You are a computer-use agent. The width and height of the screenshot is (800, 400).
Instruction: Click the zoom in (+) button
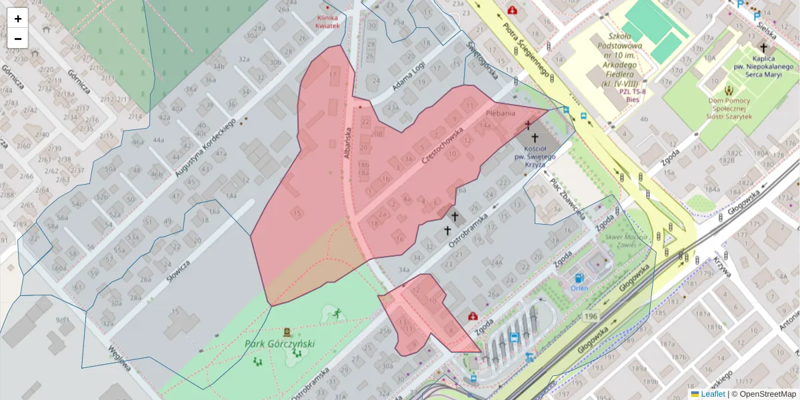pos(18,19)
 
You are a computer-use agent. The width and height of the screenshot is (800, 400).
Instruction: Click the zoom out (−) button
pos(18,39)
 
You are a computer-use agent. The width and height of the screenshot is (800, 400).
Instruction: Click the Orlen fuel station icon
pos(579,277)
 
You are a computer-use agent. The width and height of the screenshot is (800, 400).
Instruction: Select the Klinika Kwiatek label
pos(328,21)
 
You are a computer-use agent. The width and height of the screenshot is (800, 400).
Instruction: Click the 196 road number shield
pos(589,316)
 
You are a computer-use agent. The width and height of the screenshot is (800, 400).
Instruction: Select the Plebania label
pos(501,113)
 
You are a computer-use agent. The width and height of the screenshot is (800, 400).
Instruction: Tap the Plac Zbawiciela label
pos(567,199)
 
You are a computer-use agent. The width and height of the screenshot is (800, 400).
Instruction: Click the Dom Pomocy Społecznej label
pos(729,107)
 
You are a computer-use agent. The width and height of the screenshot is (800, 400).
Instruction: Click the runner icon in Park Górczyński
pos(337,313)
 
